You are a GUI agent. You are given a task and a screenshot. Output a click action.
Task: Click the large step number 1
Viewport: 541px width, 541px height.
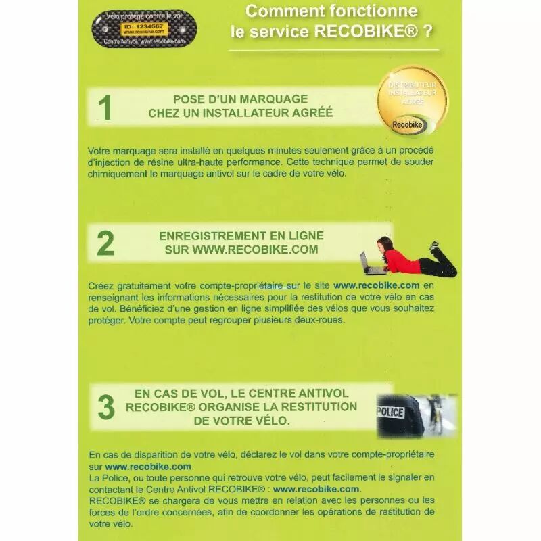tap(105, 108)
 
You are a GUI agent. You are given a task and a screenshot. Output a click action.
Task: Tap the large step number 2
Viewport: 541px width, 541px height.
tap(105, 243)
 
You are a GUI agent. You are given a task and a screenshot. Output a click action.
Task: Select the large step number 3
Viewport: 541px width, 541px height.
tap(106, 407)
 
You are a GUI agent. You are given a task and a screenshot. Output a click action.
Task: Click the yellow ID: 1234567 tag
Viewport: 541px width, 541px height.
tap(143, 28)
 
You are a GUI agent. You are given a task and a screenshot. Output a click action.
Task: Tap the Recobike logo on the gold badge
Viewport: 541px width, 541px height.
tap(408, 125)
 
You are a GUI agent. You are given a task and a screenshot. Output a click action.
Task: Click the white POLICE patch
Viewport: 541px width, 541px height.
tap(391, 412)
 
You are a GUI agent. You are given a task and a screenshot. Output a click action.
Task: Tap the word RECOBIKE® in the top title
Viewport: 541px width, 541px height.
tap(366, 31)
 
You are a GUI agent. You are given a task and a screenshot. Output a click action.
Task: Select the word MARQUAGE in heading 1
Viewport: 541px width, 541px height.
tap(274, 99)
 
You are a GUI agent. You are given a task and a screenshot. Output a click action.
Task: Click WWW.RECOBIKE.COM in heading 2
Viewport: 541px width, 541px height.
tap(255, 250)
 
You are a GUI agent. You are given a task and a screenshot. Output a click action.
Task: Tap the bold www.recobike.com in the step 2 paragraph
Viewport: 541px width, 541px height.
tap(377, 285)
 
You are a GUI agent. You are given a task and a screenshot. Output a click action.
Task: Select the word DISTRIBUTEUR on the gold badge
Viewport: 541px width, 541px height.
tap(413, 85)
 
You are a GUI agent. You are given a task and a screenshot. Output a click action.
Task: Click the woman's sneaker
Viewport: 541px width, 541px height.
tap(434, 245)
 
